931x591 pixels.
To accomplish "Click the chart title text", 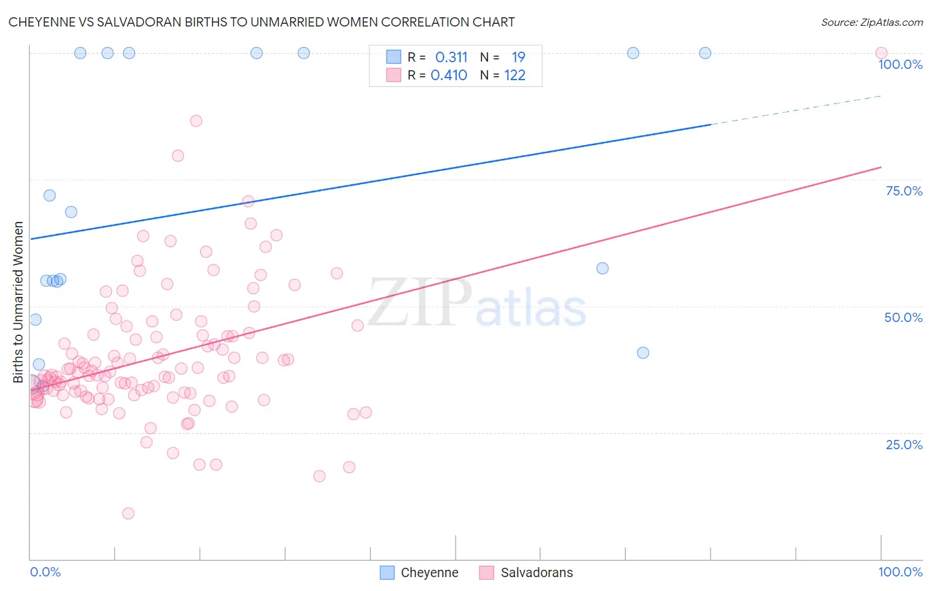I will [x=262, y=22].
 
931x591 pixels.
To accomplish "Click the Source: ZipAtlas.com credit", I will [x=871, y=22].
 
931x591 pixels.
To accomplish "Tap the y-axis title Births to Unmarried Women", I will [x=18, y=302].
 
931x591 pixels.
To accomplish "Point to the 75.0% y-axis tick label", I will [x=904, y=191].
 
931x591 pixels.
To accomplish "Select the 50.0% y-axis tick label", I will [x=903, y=317].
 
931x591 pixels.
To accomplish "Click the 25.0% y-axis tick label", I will [x=904, y=444].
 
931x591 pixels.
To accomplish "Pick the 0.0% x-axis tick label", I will [x=45, y=572].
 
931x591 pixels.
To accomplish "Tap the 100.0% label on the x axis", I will [x=900, y=572].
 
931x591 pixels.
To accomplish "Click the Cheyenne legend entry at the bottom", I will [x=419, y=572].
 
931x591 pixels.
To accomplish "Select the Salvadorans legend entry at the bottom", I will [x=526, y=572].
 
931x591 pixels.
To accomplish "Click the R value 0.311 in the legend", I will [x=451, y=57].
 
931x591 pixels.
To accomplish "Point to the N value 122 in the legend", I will [x=514, y=75].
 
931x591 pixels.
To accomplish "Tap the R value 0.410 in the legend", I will [x=449, y=75].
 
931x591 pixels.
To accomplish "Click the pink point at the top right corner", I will [x=881, y=53].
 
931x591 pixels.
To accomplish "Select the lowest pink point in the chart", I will [x=128, y=513].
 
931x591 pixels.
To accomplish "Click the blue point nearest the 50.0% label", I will [x=642, y=352].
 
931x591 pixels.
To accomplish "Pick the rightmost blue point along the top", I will [x=705, y=53].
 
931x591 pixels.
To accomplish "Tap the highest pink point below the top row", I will [x=196, y=121].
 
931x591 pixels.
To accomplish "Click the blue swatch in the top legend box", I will [x=393, y=57].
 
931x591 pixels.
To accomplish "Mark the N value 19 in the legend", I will [x=518, y=57].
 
